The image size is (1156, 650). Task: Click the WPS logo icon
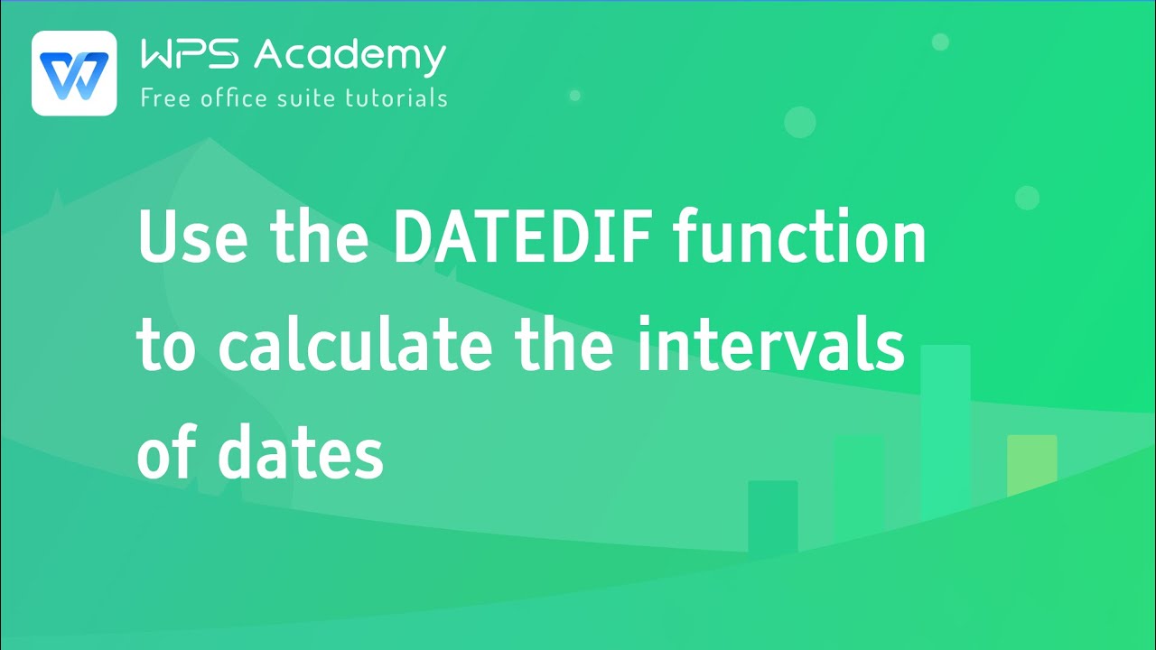[x=74, y=73]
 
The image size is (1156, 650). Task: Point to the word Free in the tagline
[x=165, y=97]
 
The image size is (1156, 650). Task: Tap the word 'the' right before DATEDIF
[x=318, y=238]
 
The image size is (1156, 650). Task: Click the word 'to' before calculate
[x=166, y=347]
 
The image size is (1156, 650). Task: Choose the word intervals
[x=770, y=347]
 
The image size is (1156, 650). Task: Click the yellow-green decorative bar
[x=1031, y=465]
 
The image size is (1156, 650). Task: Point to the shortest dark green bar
[x=772, y=515]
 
